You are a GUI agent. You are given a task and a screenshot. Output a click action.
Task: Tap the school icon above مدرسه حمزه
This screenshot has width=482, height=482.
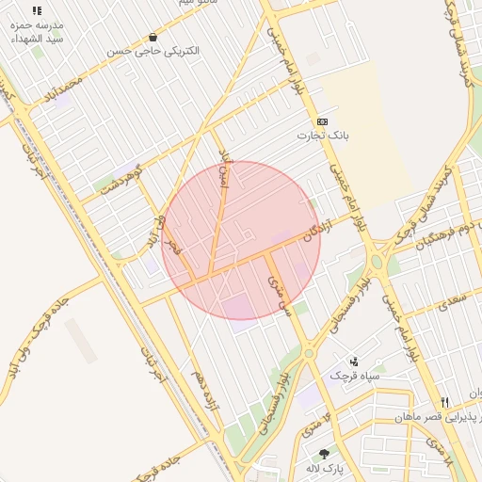pyautogui.click(x=37, y=10)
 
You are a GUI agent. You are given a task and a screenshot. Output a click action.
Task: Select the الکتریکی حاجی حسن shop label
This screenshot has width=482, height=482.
pyautogui.click(x=153, y=51)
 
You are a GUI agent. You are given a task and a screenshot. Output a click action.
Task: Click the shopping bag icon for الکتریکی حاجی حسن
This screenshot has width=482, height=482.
pyautogui.click(x=153, y=37)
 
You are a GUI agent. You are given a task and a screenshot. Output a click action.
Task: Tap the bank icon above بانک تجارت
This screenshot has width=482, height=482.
pyautogui.click(x=323, y=121)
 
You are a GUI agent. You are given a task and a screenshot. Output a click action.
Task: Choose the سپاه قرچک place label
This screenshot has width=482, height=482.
pyautogui.click(x=354, y=376)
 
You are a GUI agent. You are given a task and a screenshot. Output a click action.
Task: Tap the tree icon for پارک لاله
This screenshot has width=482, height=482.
pyautogui.click(x=324, y=454)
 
